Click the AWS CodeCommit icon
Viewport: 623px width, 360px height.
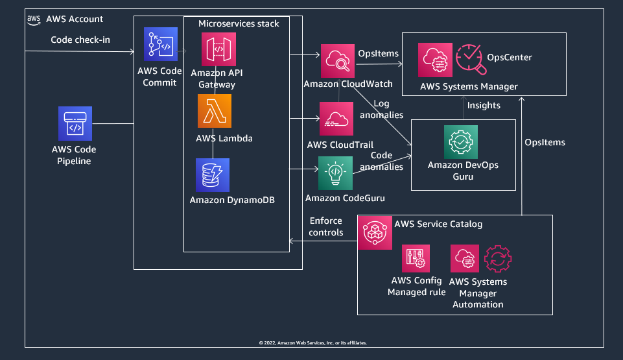click(x=161, y=44)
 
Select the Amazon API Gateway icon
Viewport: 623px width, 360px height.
click(x=219, y=49)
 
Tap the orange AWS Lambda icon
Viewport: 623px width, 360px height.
click(x=215, y=111)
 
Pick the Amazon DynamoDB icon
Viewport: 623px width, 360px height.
click(x=213, y=175)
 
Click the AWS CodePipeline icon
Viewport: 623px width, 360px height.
click(x=75, y=123)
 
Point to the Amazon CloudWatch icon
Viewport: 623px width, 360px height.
click(x=336, y=60)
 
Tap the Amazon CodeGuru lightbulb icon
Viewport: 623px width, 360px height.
click(x=336, y=173)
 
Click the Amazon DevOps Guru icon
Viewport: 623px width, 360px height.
click(x=460, y=142)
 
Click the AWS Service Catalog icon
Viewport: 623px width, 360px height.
click(x=375, y=232)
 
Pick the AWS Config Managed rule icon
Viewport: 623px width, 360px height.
click(x=415, y=258)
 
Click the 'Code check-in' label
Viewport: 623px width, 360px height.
click(x=80, y=40)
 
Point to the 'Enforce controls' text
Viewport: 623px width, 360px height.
click(x=326, y=226)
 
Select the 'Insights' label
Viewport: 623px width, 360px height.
click(x=484, y=105)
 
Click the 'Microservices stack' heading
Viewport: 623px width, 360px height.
click(x=239, y=23)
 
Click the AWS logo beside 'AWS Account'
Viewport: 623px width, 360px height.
click(x=34, y=19)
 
